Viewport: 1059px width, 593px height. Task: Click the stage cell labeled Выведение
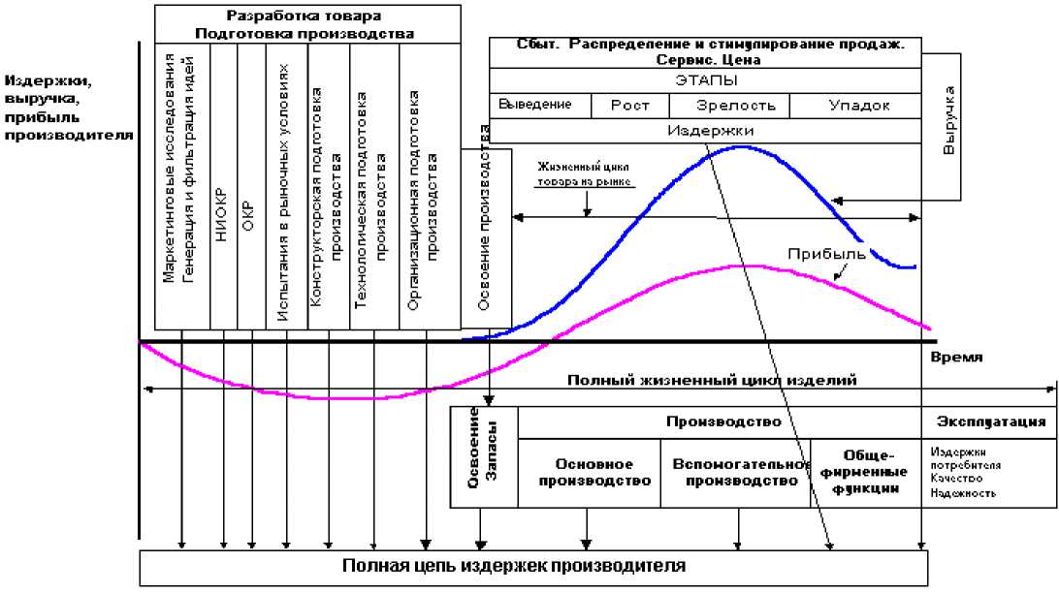(536, 105)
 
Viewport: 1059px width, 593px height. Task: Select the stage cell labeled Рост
(629, 105)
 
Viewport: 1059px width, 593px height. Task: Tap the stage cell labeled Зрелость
(736, 105)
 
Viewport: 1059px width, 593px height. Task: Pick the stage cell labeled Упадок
(859, 105)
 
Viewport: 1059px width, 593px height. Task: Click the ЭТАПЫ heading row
(705, 80)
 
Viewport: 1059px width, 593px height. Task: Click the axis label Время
(956, 357)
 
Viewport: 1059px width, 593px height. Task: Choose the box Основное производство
(590, 473)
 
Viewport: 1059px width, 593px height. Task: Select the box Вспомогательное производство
(735, 473)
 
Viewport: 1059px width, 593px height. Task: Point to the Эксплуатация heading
(990, 421)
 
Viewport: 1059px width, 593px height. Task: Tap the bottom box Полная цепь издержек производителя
(533, 566)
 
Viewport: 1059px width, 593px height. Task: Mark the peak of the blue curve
(741, 147)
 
